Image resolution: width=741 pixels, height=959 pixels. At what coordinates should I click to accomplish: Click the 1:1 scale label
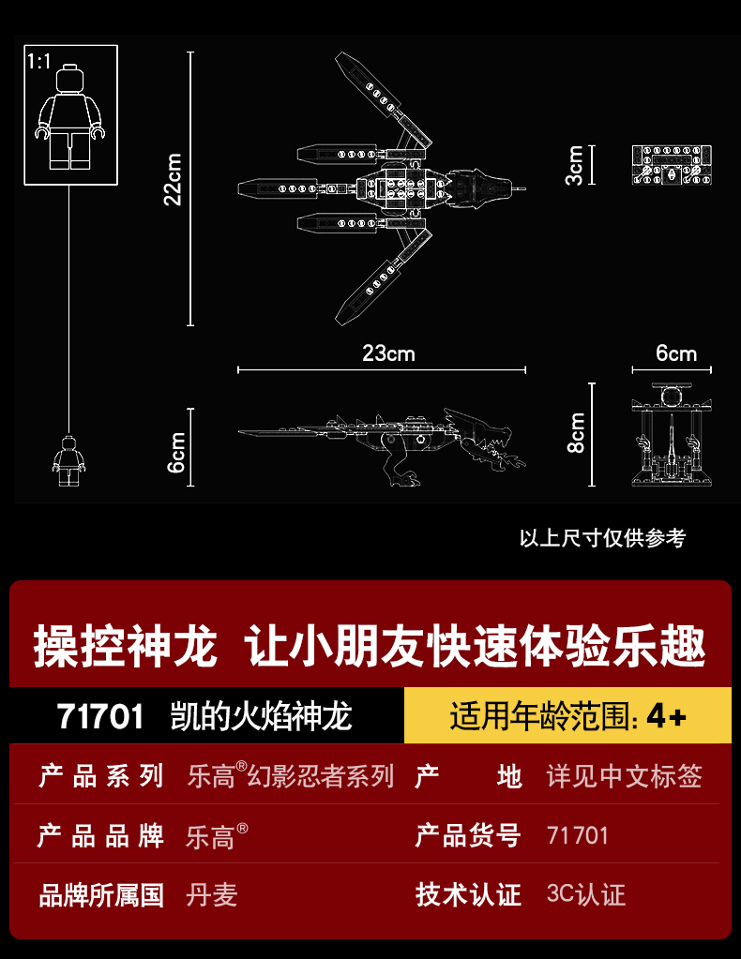pos(38,62)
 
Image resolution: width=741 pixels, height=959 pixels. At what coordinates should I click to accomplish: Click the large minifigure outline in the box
pos(69,116)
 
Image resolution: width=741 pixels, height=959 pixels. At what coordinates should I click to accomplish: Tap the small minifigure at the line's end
pos(68,460)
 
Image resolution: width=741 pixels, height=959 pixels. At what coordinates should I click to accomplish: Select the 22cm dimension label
pos(173,179)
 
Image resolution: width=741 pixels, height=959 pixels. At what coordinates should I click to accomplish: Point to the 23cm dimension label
pos(388,353)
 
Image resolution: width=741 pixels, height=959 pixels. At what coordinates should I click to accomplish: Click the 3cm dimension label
pos(575,165)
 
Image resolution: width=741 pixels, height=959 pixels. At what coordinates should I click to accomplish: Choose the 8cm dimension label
pos(576,433)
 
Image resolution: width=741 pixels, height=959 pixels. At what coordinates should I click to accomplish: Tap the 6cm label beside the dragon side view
pos(175,450)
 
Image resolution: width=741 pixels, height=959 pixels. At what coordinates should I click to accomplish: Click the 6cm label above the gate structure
pos(675,353)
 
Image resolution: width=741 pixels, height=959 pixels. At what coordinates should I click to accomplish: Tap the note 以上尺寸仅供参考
pos(602,538)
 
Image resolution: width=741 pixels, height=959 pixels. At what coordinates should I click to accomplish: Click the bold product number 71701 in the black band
pos(101,716)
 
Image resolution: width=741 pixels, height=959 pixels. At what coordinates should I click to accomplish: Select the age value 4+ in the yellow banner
pos(667,716)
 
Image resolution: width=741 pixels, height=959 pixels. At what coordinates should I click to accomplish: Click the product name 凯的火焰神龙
pos(261,716)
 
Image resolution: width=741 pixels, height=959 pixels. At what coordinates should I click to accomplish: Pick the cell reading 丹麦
pos(212,895)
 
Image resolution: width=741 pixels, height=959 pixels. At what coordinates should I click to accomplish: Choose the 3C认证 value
pos(585,894)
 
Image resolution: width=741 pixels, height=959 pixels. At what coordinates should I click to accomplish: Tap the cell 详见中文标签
pos(624,776)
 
